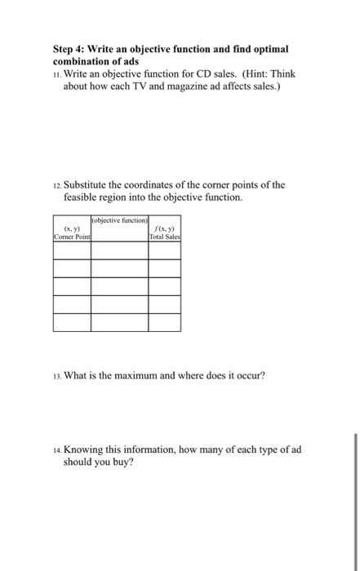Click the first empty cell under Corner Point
[72, 250]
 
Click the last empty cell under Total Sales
[165, 322]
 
